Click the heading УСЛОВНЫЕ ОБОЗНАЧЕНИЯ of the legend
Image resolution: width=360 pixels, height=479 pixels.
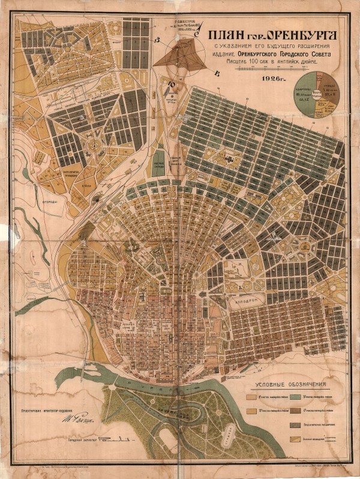[291, 385]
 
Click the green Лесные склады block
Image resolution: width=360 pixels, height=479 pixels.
[158, 163]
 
